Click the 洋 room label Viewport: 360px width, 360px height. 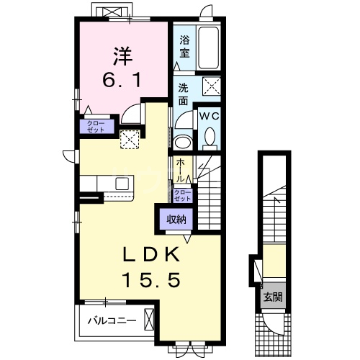[x=122, y=56]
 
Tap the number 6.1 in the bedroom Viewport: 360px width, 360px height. [x=122, y=81]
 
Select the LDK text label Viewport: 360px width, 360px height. [x=151, y=254]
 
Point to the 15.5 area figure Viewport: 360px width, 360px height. [x=151, y=281]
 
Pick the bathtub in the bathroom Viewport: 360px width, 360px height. [x=209, y=48]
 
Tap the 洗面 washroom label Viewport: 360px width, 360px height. [x=183, y=95]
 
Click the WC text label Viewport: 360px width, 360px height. [x=210, y=117]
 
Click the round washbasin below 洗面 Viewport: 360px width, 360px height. [x=184, y=143]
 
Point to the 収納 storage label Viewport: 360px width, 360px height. [x=176, y=220]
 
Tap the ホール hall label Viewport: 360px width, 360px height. [x=181, y=171]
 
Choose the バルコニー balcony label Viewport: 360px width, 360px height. [x=112, y=320]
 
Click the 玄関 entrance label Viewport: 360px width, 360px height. [x=273, y=297]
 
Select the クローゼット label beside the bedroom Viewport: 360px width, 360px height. [x=96, y=127]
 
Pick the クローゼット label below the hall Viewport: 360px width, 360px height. [x=183, y=195]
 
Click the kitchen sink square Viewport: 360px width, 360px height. [x=122, y=184]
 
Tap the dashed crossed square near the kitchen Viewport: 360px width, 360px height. [x=130, y=139]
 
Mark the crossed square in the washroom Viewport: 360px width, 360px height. [x=212, y=86]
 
